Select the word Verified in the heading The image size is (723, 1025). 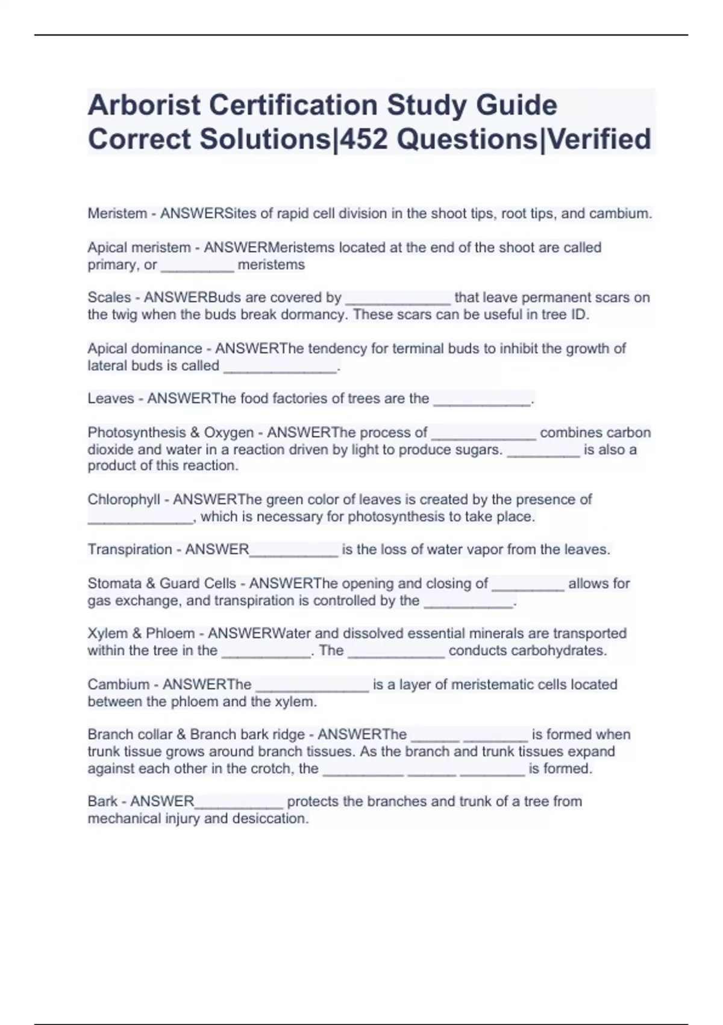click(599, 139)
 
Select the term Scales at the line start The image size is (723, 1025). click(109, 297)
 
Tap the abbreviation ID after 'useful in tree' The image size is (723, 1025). click(578, 315)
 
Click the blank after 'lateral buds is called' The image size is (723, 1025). click(280, 367)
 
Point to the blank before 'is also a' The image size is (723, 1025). click(543, 451)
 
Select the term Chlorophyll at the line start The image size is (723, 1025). click(124, 499)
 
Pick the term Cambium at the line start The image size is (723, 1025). click(118, 684)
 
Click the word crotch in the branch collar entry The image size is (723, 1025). click(274, 768)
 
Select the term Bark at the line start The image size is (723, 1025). click(102, 801)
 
